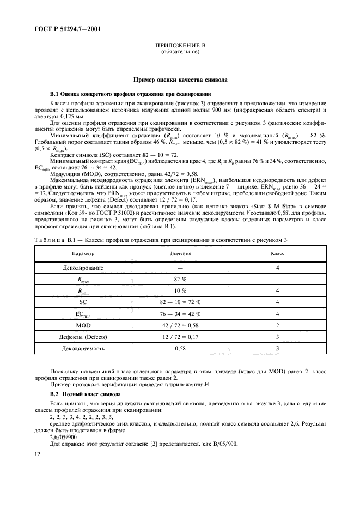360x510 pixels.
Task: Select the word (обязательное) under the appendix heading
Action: [180, 52]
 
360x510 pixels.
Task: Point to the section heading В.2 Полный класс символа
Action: [85, 393]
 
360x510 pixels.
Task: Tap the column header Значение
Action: [179, 253]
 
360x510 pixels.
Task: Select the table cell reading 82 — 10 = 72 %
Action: [179, 301]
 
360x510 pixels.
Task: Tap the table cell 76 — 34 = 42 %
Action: [179, 313]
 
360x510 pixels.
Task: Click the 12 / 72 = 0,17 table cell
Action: [179, 336]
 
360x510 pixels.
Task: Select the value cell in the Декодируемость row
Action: [179, 348]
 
